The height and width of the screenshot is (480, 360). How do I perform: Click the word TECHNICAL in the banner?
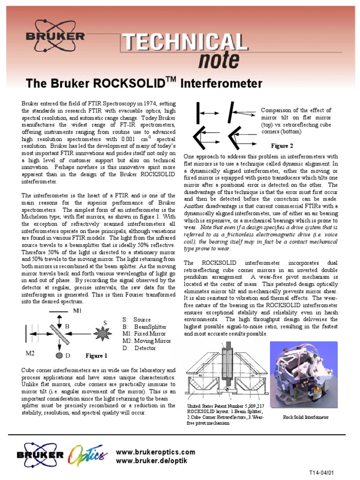pyautogui.click(x=185, y=43)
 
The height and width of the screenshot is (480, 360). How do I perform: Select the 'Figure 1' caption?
pyautogui.click(x=96, y=356)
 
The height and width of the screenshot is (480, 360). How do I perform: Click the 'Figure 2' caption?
pyautogui.click(x=282, y=146)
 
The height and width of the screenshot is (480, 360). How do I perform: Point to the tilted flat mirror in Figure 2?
pyautogui.click(x=231, y=113)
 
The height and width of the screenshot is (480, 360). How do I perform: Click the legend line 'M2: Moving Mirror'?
pyautogui.click(x=146, y=341)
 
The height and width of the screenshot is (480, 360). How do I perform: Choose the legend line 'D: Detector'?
pyautogui.click(x=139, y=348)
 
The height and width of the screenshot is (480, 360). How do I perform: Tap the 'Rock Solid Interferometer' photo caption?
pyautogui.click(x=306, y=417)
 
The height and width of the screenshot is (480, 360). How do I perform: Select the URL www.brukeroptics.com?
pyautogui.click(x=155, y=452)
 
